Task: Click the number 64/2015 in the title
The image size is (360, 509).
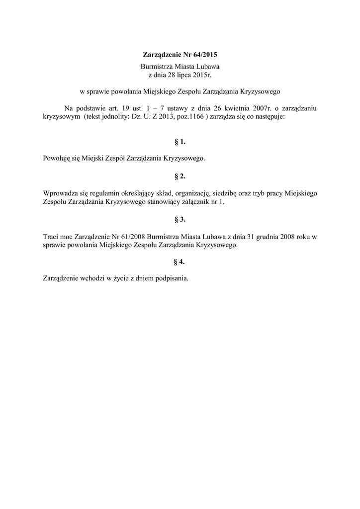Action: (203, 54)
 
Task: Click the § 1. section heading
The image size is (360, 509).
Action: (180, 142)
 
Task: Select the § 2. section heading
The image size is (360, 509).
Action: (180, 175)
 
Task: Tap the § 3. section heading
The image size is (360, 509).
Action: (180, 219)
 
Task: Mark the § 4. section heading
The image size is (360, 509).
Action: (180, 261)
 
